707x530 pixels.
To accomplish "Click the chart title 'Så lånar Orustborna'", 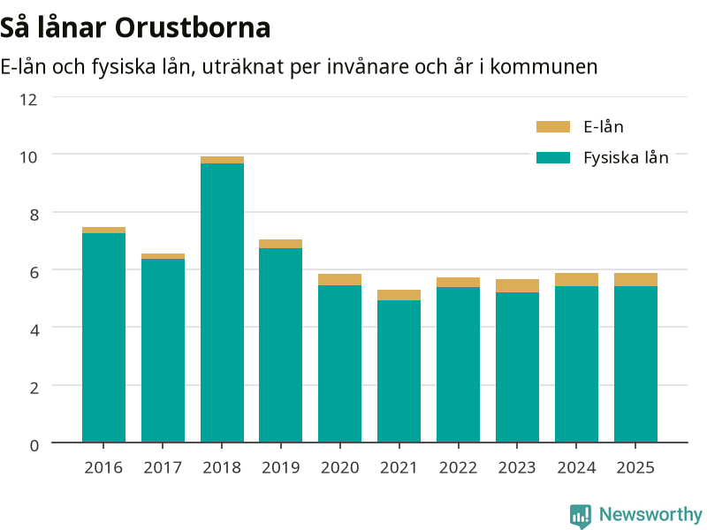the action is click(135, 27).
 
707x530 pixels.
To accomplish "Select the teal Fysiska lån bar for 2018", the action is click(223, 302).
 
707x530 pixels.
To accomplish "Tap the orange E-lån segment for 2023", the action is click(517, 285).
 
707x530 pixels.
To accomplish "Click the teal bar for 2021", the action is click(399, 371).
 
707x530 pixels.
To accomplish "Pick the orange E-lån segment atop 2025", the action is click(635, 279).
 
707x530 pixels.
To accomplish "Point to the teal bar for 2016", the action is click(103, 337).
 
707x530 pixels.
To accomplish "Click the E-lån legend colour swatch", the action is click(553, 126).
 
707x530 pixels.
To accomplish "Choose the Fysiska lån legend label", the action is click(626, 158).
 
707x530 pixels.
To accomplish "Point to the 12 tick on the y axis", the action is click(28, 100).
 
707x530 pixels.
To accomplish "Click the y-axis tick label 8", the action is click(34, 215).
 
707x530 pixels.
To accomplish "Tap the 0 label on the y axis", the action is click(34, 446).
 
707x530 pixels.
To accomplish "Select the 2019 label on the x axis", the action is click(280, 468).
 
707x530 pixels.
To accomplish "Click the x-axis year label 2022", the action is click(458, 468).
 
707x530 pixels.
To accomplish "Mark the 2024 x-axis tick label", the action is click(576, 468).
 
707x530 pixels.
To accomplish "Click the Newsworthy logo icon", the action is click(581, 515).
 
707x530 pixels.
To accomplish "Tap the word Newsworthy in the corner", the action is click(650, 514).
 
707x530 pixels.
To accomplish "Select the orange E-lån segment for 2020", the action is click(339, 279).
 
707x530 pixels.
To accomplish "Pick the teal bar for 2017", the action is click(163, 350).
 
